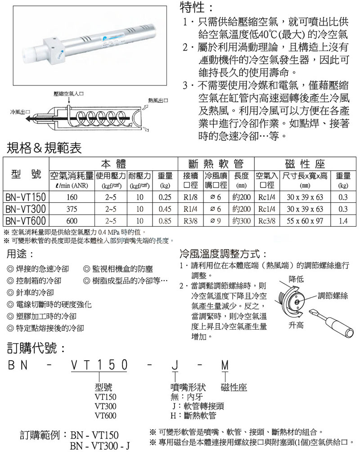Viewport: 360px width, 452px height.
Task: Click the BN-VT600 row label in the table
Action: coord(25,221)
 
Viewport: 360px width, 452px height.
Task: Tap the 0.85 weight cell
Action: coord(165,221)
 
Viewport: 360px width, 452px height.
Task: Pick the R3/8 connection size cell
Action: coord(188,221)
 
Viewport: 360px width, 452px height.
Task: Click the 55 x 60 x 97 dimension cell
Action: coord(305,221)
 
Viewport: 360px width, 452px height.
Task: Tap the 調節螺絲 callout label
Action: coord(333,295)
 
